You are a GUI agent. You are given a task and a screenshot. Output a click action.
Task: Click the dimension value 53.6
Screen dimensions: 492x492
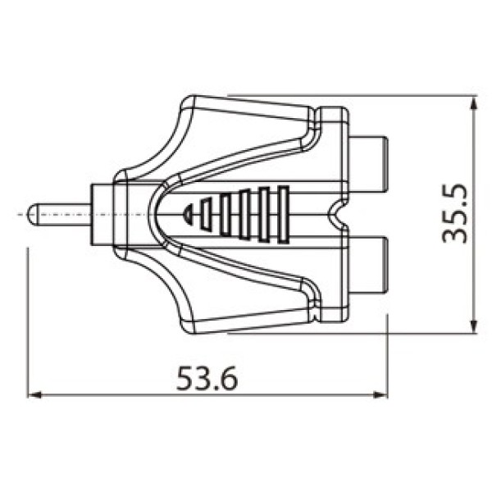(207, 379)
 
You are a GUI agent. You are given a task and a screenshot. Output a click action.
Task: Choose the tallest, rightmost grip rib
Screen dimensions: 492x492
(284, 214)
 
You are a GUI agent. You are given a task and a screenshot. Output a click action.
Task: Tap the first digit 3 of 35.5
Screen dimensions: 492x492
(454, 235)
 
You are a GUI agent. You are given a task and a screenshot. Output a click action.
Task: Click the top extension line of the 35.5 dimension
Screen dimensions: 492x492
(353, 94)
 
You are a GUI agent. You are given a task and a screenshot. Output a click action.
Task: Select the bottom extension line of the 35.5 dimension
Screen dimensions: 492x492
(353, 334)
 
